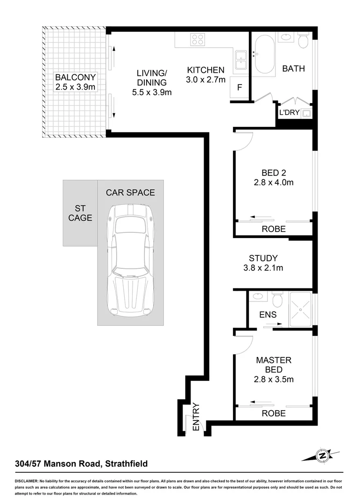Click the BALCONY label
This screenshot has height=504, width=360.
coord(75,77)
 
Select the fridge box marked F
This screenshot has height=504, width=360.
coord(240,88)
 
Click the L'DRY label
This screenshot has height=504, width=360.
coord(289,112)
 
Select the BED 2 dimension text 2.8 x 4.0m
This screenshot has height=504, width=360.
coord(274,182)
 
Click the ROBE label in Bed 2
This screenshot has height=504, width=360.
coord(274,229)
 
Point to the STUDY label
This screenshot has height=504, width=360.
coord(263,258)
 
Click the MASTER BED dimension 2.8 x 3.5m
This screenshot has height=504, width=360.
coord(274,379)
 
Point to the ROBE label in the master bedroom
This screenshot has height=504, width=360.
coord(274,413)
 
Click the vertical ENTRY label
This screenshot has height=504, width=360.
coord(196,417)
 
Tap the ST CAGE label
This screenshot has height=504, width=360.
coord(80,213)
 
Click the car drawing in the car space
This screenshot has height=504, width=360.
coord(130,259)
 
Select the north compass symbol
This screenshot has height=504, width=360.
coord(321,455)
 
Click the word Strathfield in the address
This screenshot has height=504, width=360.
coord(127,463)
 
